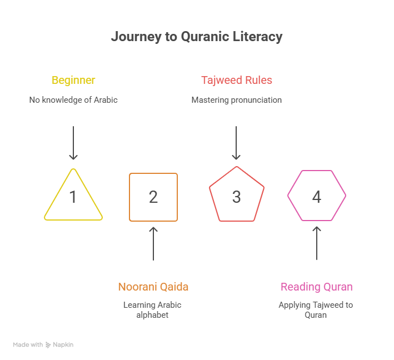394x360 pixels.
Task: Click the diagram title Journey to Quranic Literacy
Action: point(197,37)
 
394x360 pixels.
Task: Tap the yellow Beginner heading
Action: point(73,80)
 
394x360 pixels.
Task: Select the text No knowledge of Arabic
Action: point(73,100)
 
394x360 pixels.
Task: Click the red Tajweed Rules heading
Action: point(237,80)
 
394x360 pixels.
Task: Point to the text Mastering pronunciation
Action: point(237,100)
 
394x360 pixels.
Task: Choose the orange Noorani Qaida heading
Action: point(153,287)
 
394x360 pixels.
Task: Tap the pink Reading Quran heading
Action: point(316,287)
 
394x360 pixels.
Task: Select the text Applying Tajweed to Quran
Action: point(316,310)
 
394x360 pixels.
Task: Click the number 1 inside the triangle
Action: point(73,197)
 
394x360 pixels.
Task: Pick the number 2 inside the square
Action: point(153,197)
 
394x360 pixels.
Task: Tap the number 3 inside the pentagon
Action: point(237,197)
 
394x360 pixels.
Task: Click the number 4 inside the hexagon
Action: point(317,197)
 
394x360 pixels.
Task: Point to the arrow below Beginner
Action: point(73,143)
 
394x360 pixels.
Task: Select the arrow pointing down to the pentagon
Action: point(237,143)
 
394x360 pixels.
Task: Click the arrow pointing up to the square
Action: point(153,243)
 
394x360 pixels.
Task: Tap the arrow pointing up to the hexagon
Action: point(317,243)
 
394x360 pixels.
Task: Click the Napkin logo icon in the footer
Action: point(48,345)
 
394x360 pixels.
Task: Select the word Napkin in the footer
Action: point(63,345)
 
